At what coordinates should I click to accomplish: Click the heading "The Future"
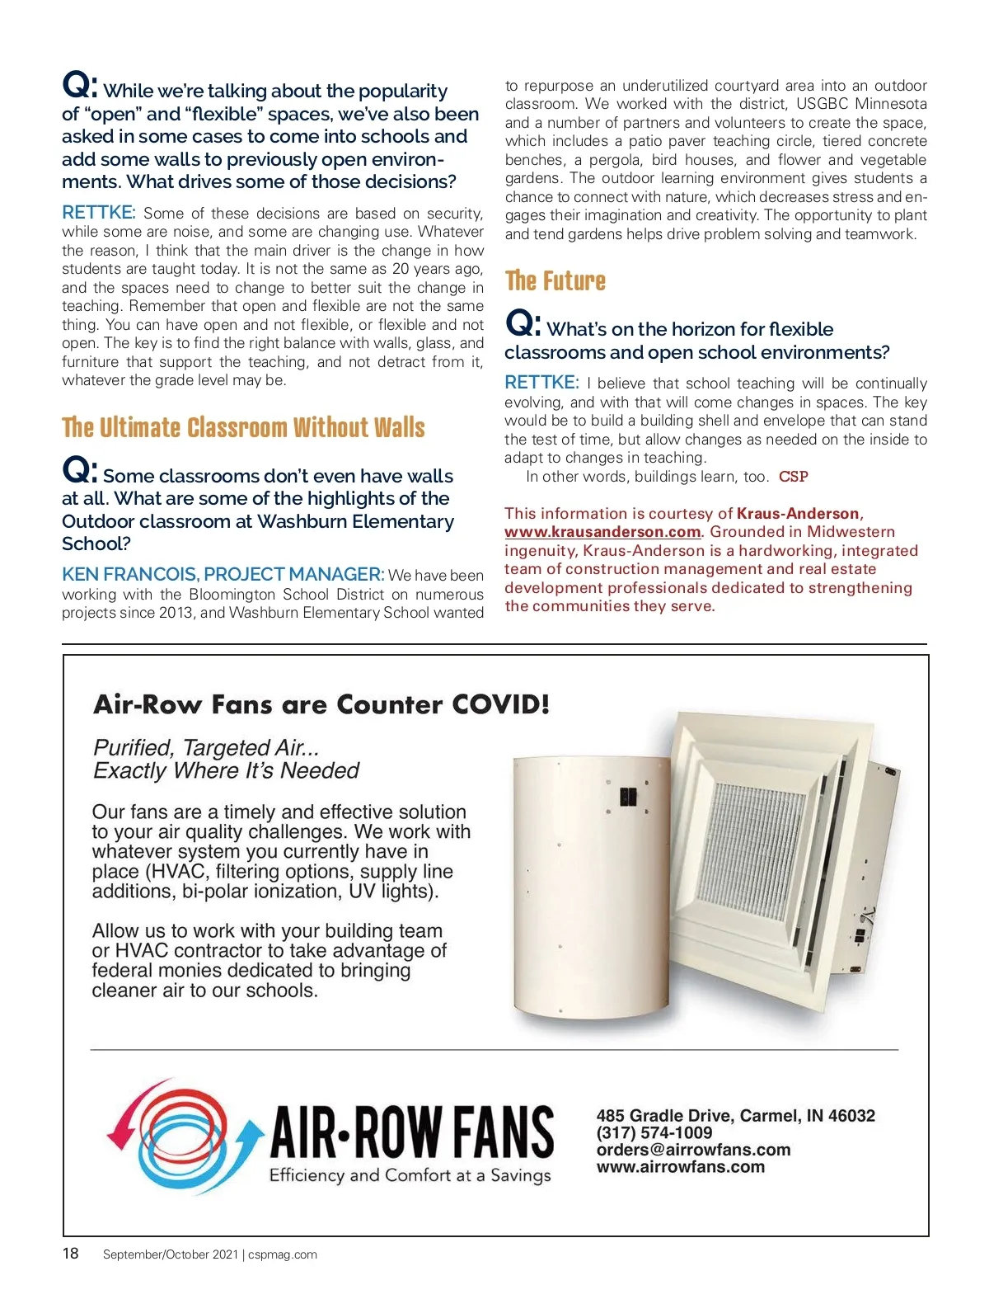pyautogui.click(x=555, y=281)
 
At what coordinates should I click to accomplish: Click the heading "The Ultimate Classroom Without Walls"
pyautogui.click(x=243, y=428)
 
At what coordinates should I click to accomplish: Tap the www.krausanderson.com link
pyautogui.click(x=602, y=532)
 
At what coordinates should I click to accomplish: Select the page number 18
pyautogui.click(x=71, y=1254)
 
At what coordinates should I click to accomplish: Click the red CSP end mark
pyautogui.click(x=793, y=477)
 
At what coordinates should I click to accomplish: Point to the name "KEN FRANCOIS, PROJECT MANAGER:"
pyautogui.click(x=223, y=574)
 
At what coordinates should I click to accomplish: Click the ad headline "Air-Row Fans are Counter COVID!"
pyautogui.click(x=321, y=704)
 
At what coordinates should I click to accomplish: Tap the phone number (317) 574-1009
pyautogui.click(x=654, y=1132)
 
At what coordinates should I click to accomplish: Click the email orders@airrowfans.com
pyautogui.click(x=693, y=1150)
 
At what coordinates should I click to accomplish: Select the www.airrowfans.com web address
pyautogui.click(x=681, y=1167)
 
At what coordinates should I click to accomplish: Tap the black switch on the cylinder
pyautogui.click(x=628, y=797)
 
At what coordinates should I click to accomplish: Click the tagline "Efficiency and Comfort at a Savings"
pyautogui.click(x=410, y=1175)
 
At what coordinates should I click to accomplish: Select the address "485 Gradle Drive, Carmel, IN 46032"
pyautogui.click(x=735, y=1115)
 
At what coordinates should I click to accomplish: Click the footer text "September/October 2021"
pyautogui.click(x=170, y=1254)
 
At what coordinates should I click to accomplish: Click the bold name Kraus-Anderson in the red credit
pyautogui.click(x=797, y=514)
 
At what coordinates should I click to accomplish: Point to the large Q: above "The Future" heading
pyautogui.click(x=523, y=324)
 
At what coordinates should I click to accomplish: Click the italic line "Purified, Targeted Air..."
pyautogui.click(x=206, y=747)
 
